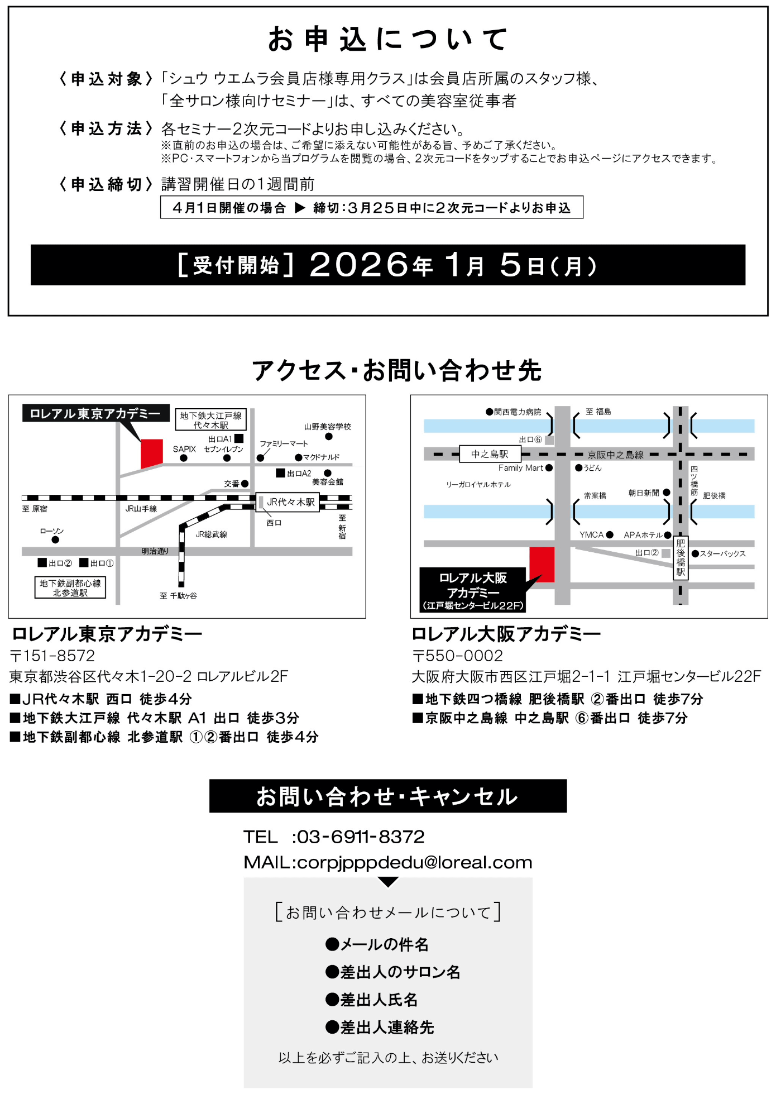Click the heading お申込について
[x=387, y=40]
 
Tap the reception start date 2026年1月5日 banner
[x=387, y=265]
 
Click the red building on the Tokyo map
[x=151, y=452]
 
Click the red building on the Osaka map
[x=542, y=564]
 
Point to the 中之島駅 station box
[x=490, y=454]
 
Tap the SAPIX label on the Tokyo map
[x=184, y=449]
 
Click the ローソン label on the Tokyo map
[x=51, y=531]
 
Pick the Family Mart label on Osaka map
[x=520, y=468]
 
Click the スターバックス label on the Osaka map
[x=722, y=553]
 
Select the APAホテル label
[x=643, y=534]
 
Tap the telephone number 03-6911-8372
[x=360, y=837]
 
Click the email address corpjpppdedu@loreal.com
[x=414, y=862]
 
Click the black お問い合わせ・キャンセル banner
[x=387, y=796]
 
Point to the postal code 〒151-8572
[x=52, y=656]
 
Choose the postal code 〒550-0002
[x=457, y=656]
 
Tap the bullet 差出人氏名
[x=379, y=1000]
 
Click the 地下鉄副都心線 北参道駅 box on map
[x=70, y=587]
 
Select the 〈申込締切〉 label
[x=106, y=184]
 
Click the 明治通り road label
[x=155, y=551]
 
